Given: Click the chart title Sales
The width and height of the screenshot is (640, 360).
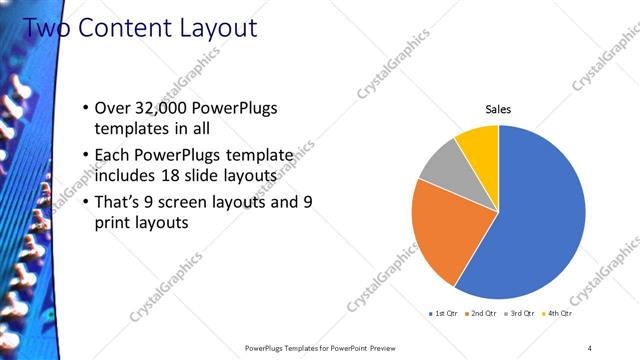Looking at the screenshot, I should [499, 109].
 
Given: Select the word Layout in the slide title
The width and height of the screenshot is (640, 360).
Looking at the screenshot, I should [217, 28].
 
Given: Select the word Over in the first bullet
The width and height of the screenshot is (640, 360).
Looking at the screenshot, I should [112, 109].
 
